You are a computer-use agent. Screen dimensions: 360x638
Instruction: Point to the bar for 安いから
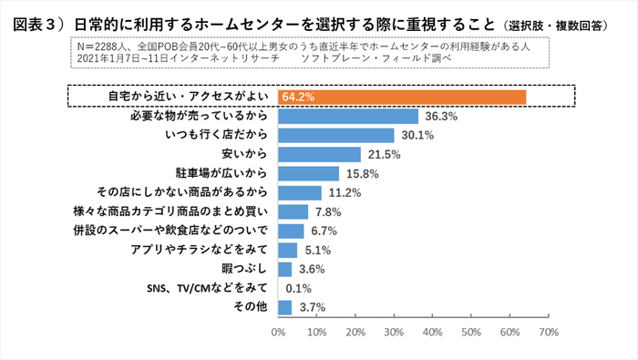coord(320,155)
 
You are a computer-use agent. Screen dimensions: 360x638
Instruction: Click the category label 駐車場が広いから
coord(221,173)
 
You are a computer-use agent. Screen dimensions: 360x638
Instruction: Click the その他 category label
coord(252,307)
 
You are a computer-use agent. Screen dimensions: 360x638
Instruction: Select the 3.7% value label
coord(312,308)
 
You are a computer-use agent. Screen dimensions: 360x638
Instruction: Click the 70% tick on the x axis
coord(549,334)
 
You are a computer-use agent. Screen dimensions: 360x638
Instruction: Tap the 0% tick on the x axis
coord(279,334)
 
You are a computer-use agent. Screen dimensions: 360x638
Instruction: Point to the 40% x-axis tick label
coord(433,334)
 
